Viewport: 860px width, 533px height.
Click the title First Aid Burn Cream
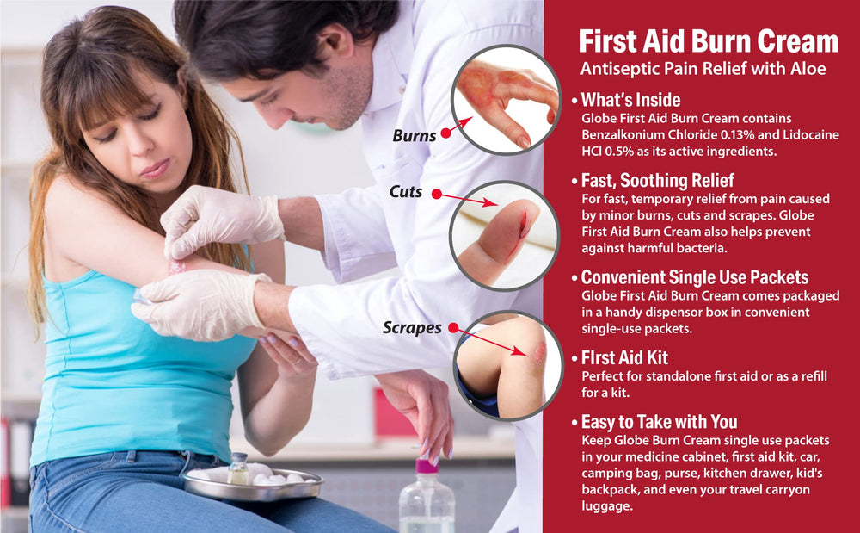click(709, 41)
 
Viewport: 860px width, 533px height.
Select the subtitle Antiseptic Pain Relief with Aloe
click(703, 69)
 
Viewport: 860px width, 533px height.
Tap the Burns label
click(415, 135)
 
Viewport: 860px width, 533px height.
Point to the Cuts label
click(406, 191)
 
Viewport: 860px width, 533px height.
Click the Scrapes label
click(412, 328)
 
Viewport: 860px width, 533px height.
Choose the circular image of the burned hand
click(506, 99)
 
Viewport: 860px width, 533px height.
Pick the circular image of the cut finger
click(503, 235)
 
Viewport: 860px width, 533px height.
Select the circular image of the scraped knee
click(508, 366)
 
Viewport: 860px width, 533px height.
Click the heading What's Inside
click(630, 100)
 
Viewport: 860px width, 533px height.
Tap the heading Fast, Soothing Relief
click(658, 180)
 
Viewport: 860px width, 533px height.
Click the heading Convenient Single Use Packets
click(695, 277)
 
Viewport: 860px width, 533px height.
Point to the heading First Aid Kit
click(624, 358)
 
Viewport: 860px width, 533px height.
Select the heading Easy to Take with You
click(660, 422)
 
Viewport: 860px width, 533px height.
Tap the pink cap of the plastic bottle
click(427, 466)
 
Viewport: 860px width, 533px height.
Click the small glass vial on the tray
click(238, 468)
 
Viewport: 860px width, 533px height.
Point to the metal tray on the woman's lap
click(254, 484)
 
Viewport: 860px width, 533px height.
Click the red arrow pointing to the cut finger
click(467, 199)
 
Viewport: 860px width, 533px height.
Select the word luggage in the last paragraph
click(607, 506)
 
